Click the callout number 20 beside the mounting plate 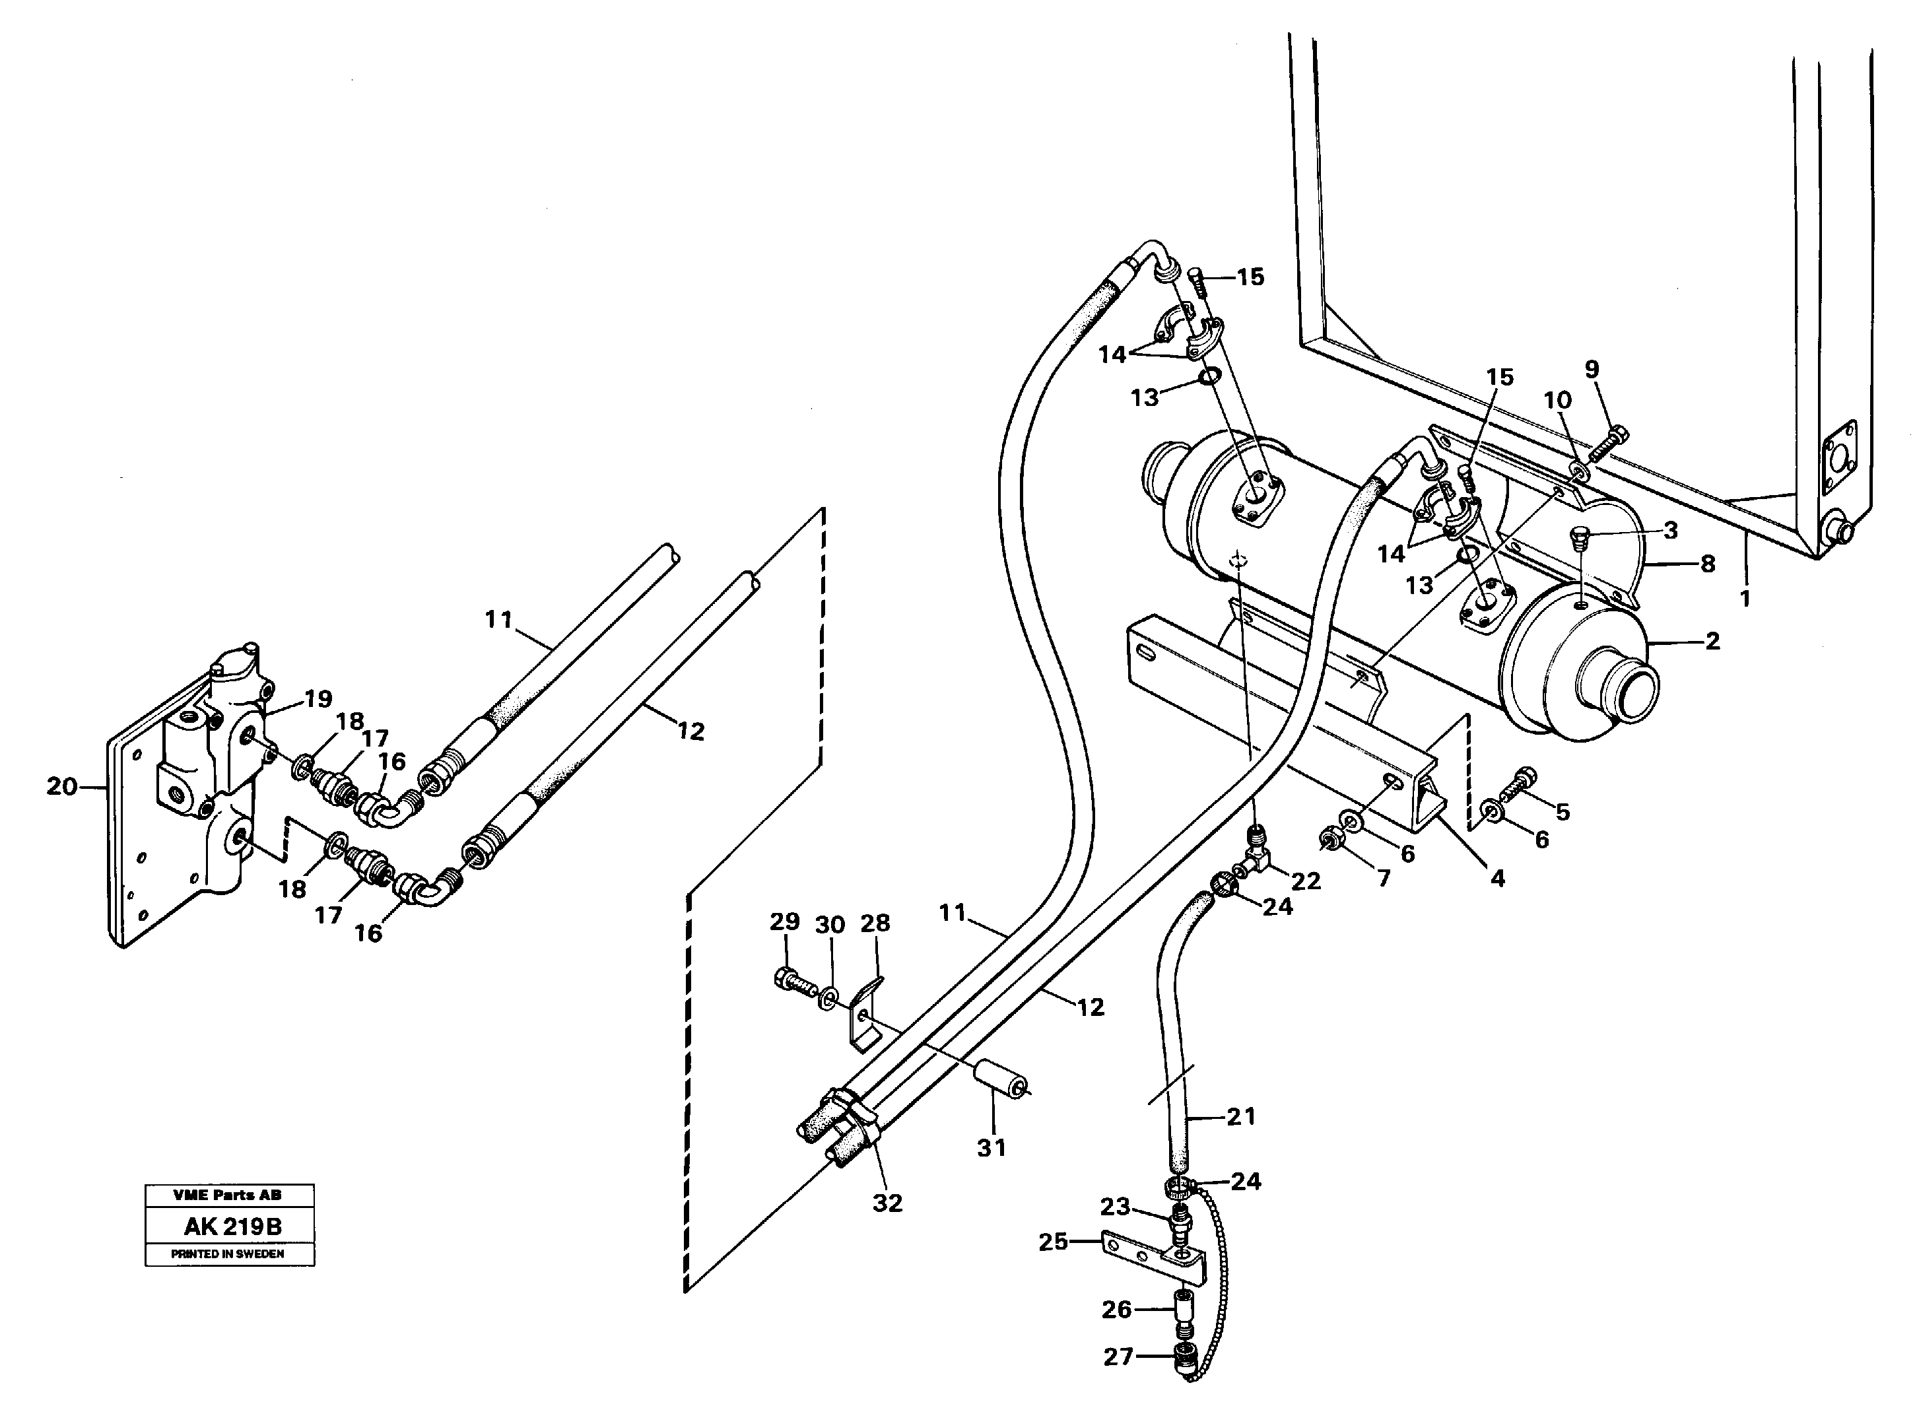[61, 786]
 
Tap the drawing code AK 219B [232, 1227]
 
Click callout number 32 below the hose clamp [887, 1203]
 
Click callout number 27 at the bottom [1118, 1357]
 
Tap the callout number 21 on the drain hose [1241, 1116]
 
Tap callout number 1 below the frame [1744, 598]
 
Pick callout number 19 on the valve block [318, 698]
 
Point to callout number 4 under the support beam [1497, 878]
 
